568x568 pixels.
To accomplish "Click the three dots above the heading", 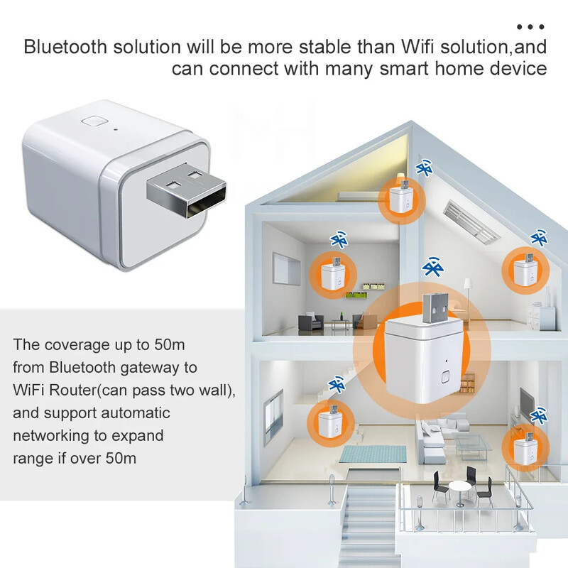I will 530,27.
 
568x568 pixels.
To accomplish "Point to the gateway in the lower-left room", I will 328,423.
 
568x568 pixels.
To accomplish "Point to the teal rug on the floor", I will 367,453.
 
